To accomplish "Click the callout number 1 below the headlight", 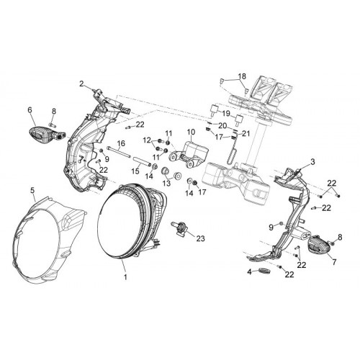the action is tap(125, 277).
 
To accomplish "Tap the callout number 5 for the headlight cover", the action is tap(32, 190).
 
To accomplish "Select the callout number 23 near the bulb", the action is tap(200, 238).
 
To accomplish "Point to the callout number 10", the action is tap(192, 132).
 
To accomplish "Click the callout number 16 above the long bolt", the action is tap(122, 143).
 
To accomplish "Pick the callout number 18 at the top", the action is tap(242, 76).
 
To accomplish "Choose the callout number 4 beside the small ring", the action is tap(250, 272).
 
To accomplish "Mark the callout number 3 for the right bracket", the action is tap(312, 162).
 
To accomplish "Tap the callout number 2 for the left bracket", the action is tap(82, 84).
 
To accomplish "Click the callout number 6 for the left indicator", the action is tap(30, 110).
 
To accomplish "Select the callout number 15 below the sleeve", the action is tap(135, 171).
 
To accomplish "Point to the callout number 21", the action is tap(246, 133).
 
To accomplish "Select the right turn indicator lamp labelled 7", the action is tap(319, 246).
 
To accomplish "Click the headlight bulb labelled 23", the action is tap(179, 228).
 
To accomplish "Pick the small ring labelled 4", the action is tap(264, 271).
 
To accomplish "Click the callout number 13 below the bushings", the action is tap(166, 184).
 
